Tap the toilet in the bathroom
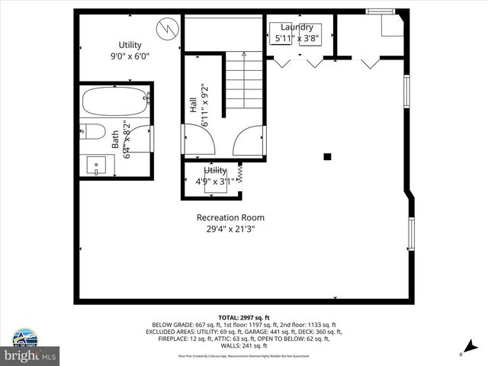coord(92,130)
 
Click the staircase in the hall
coord(243,88)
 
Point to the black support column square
coord(327,156)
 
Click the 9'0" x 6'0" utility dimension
coord(130,56)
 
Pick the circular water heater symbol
coord(166,30)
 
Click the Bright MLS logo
coord(30,355)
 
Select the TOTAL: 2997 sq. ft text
coord(244,317)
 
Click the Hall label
coord(194,105)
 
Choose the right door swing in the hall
coord(249,141)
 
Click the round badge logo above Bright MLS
coord(23,337)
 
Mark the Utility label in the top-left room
coord(130,45)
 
